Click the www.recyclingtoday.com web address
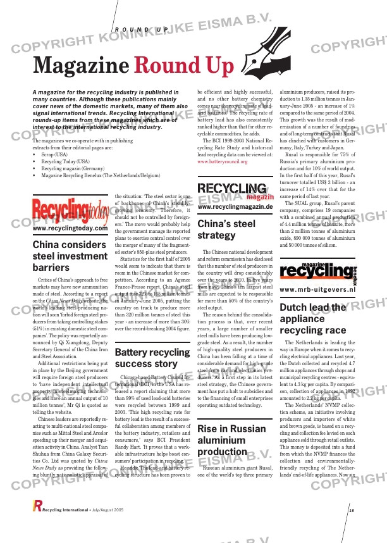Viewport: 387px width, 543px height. tap(70, 228)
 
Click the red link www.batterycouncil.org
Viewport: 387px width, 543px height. tap(223, 161)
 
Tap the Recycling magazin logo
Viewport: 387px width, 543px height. tap(235, 190)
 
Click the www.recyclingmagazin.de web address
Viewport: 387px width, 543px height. tap(235, 207)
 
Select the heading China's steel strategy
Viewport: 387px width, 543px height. tap(226, 230)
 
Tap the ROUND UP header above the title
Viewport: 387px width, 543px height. tap(142, 30)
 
